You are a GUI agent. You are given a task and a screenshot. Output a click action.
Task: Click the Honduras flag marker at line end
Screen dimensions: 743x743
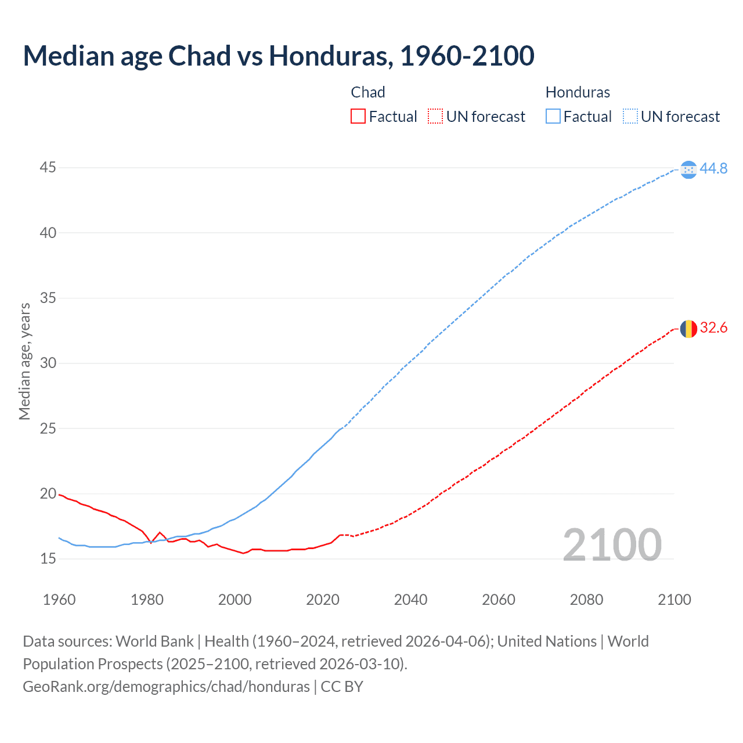(x=688, y=169)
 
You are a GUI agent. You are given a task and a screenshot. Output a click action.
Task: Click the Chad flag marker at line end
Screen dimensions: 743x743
(x=688, y=329)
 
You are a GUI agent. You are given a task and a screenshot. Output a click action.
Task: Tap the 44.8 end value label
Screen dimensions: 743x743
(x=713, y=168)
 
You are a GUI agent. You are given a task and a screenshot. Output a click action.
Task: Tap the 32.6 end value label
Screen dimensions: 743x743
(x=713, y=328)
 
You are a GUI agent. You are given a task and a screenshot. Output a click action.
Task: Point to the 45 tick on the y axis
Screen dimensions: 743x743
(x=48, y=168)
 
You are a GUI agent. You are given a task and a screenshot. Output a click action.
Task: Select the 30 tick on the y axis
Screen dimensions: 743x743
(x=48, y=363)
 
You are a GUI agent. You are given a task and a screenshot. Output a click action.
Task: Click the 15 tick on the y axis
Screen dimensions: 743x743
(x=48, y=559)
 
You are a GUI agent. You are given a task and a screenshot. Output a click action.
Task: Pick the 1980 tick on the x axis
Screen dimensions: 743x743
(x=147, y=600)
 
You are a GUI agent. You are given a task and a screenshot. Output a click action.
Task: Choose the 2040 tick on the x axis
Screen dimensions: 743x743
(x=410, y=600)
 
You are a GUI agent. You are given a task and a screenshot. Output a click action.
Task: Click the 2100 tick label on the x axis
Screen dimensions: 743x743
(x=674, y=600)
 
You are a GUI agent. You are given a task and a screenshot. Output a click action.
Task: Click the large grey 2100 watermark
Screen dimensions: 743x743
(x=612, y=544)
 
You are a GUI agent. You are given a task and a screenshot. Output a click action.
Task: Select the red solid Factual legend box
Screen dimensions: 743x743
(x=358, y=117)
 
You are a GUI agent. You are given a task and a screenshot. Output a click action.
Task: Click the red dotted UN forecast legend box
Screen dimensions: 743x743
(x=435, y=117)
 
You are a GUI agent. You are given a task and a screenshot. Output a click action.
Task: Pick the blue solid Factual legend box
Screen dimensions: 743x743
(x=553, y=117)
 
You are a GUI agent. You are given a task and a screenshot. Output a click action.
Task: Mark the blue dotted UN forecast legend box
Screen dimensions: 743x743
(x=630, y=117)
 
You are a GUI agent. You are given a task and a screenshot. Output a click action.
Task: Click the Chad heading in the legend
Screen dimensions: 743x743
(x=368, y=92)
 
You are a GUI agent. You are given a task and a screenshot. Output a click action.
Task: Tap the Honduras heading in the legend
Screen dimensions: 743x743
(x=578, y=92)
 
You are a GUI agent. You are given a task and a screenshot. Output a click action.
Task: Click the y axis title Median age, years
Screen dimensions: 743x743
(x=24, y=361)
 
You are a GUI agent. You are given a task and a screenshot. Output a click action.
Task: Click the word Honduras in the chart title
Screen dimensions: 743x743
(x=327, y=56)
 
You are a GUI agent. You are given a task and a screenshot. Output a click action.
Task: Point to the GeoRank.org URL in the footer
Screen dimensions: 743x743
(x=166, y=687)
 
